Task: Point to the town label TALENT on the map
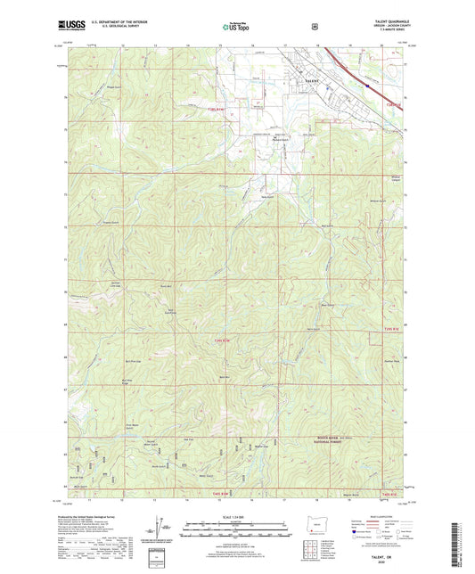coord(311,80)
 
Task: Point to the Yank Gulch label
coord(266,198)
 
